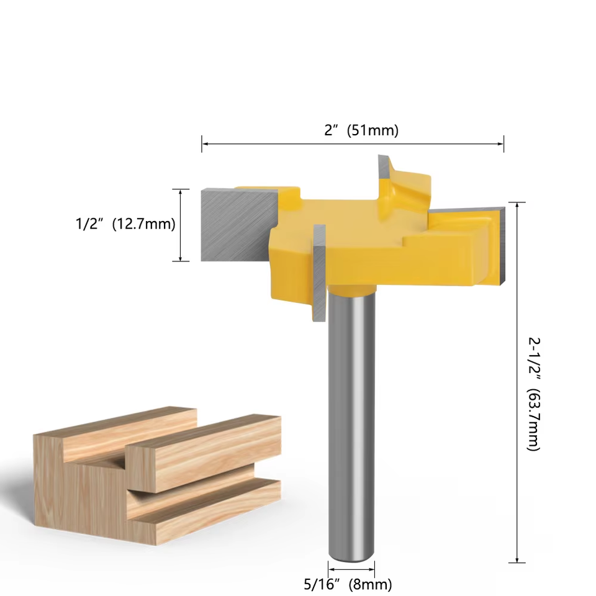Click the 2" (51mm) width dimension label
tap(361, 130)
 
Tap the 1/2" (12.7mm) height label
tap(125, 224)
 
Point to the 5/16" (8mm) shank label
tap(347, 584)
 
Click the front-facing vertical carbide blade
tap(319, 273)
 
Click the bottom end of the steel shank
tap(351, 556)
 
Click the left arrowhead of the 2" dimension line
tap(204, 144)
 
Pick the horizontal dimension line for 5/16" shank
tap(351, 568)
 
